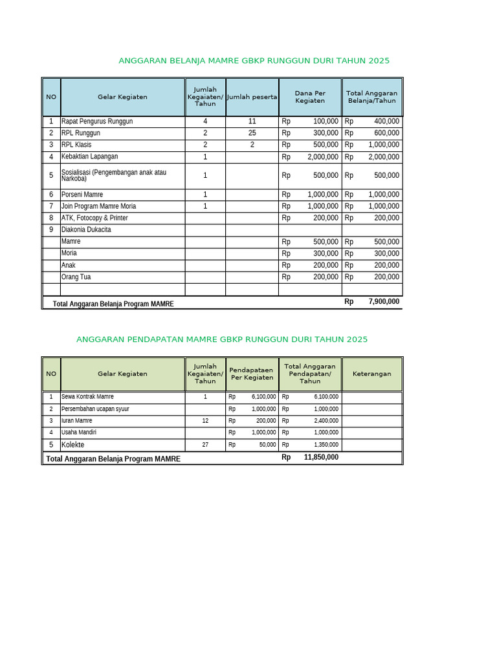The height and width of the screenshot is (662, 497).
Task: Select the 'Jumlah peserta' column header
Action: point(252,97)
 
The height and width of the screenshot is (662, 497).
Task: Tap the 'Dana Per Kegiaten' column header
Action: point(310,97)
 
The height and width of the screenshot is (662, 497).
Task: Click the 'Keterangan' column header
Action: point(371,374)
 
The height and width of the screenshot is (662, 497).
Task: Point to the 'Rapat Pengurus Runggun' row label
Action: point(97,122)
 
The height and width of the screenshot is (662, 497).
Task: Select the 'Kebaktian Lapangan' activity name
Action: point(89,157)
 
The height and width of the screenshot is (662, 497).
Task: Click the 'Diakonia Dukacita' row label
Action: point(86,230)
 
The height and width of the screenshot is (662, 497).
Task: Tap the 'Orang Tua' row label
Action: point(76,277)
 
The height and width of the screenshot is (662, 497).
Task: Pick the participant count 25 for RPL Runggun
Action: point(252,133)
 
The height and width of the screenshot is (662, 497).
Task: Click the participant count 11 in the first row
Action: point(252,122)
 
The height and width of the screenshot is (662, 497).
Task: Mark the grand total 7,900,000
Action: point(384,302)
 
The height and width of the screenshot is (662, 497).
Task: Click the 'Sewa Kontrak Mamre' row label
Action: point(87,397)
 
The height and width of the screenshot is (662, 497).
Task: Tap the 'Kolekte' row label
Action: point(72,445)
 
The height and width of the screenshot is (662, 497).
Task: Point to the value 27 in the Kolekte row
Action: point(205,445)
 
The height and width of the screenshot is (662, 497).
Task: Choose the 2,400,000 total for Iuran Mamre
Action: point(326,421)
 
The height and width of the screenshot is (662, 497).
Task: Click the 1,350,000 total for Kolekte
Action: point(326,445)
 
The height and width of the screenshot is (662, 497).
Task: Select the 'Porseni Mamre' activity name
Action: point(82,195)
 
